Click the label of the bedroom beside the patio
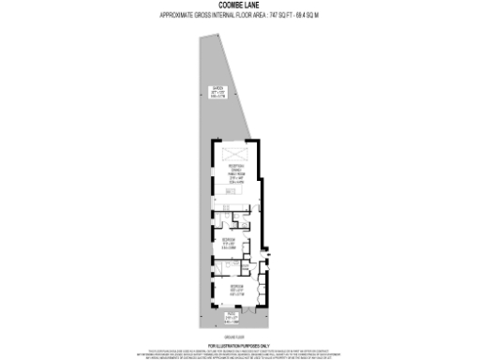238,288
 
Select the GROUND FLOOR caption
239,335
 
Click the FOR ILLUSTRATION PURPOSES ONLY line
239,345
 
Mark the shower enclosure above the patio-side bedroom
220,266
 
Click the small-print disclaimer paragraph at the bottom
239,352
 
